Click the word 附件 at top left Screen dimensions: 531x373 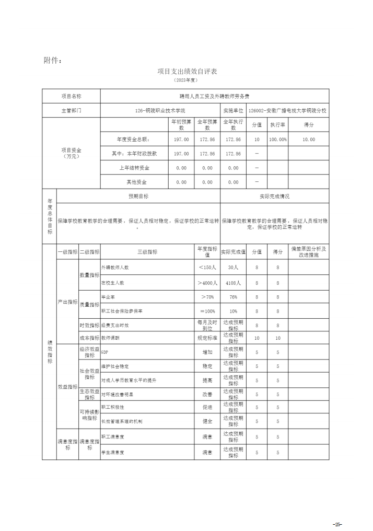coord(53,60)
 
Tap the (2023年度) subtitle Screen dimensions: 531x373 coord(186,80)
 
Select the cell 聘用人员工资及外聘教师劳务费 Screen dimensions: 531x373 coord(215,97)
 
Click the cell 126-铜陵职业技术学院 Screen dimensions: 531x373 coord(160,111)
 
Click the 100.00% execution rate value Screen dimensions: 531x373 coord(278,140)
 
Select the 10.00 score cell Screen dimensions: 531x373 coord(308,140)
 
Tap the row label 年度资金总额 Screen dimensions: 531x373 coord(134,140)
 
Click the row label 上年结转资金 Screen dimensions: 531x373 coord(134,168)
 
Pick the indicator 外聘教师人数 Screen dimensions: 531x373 coord(115,267)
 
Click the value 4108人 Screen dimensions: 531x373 coord(233,282)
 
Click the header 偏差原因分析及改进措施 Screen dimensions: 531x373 coord(308,251)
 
